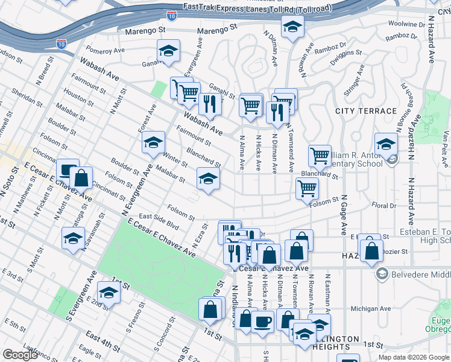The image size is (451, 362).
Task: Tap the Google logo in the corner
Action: pyautogui.click(x=20, y=355)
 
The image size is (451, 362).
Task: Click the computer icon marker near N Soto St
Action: pyautogui.click(x=68, y=170)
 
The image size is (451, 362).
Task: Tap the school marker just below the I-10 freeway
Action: pyautogui.click(x=292, y=26)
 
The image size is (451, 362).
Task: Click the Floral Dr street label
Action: pyautogui.click(x=383, y=206)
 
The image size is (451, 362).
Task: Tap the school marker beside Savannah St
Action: pyautogui.click(x=73, y=238)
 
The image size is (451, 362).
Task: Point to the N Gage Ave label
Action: pyautogui.click(x=344, y=214)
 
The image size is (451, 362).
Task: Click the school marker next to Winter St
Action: pyautogui.click(x=154, y=143)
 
